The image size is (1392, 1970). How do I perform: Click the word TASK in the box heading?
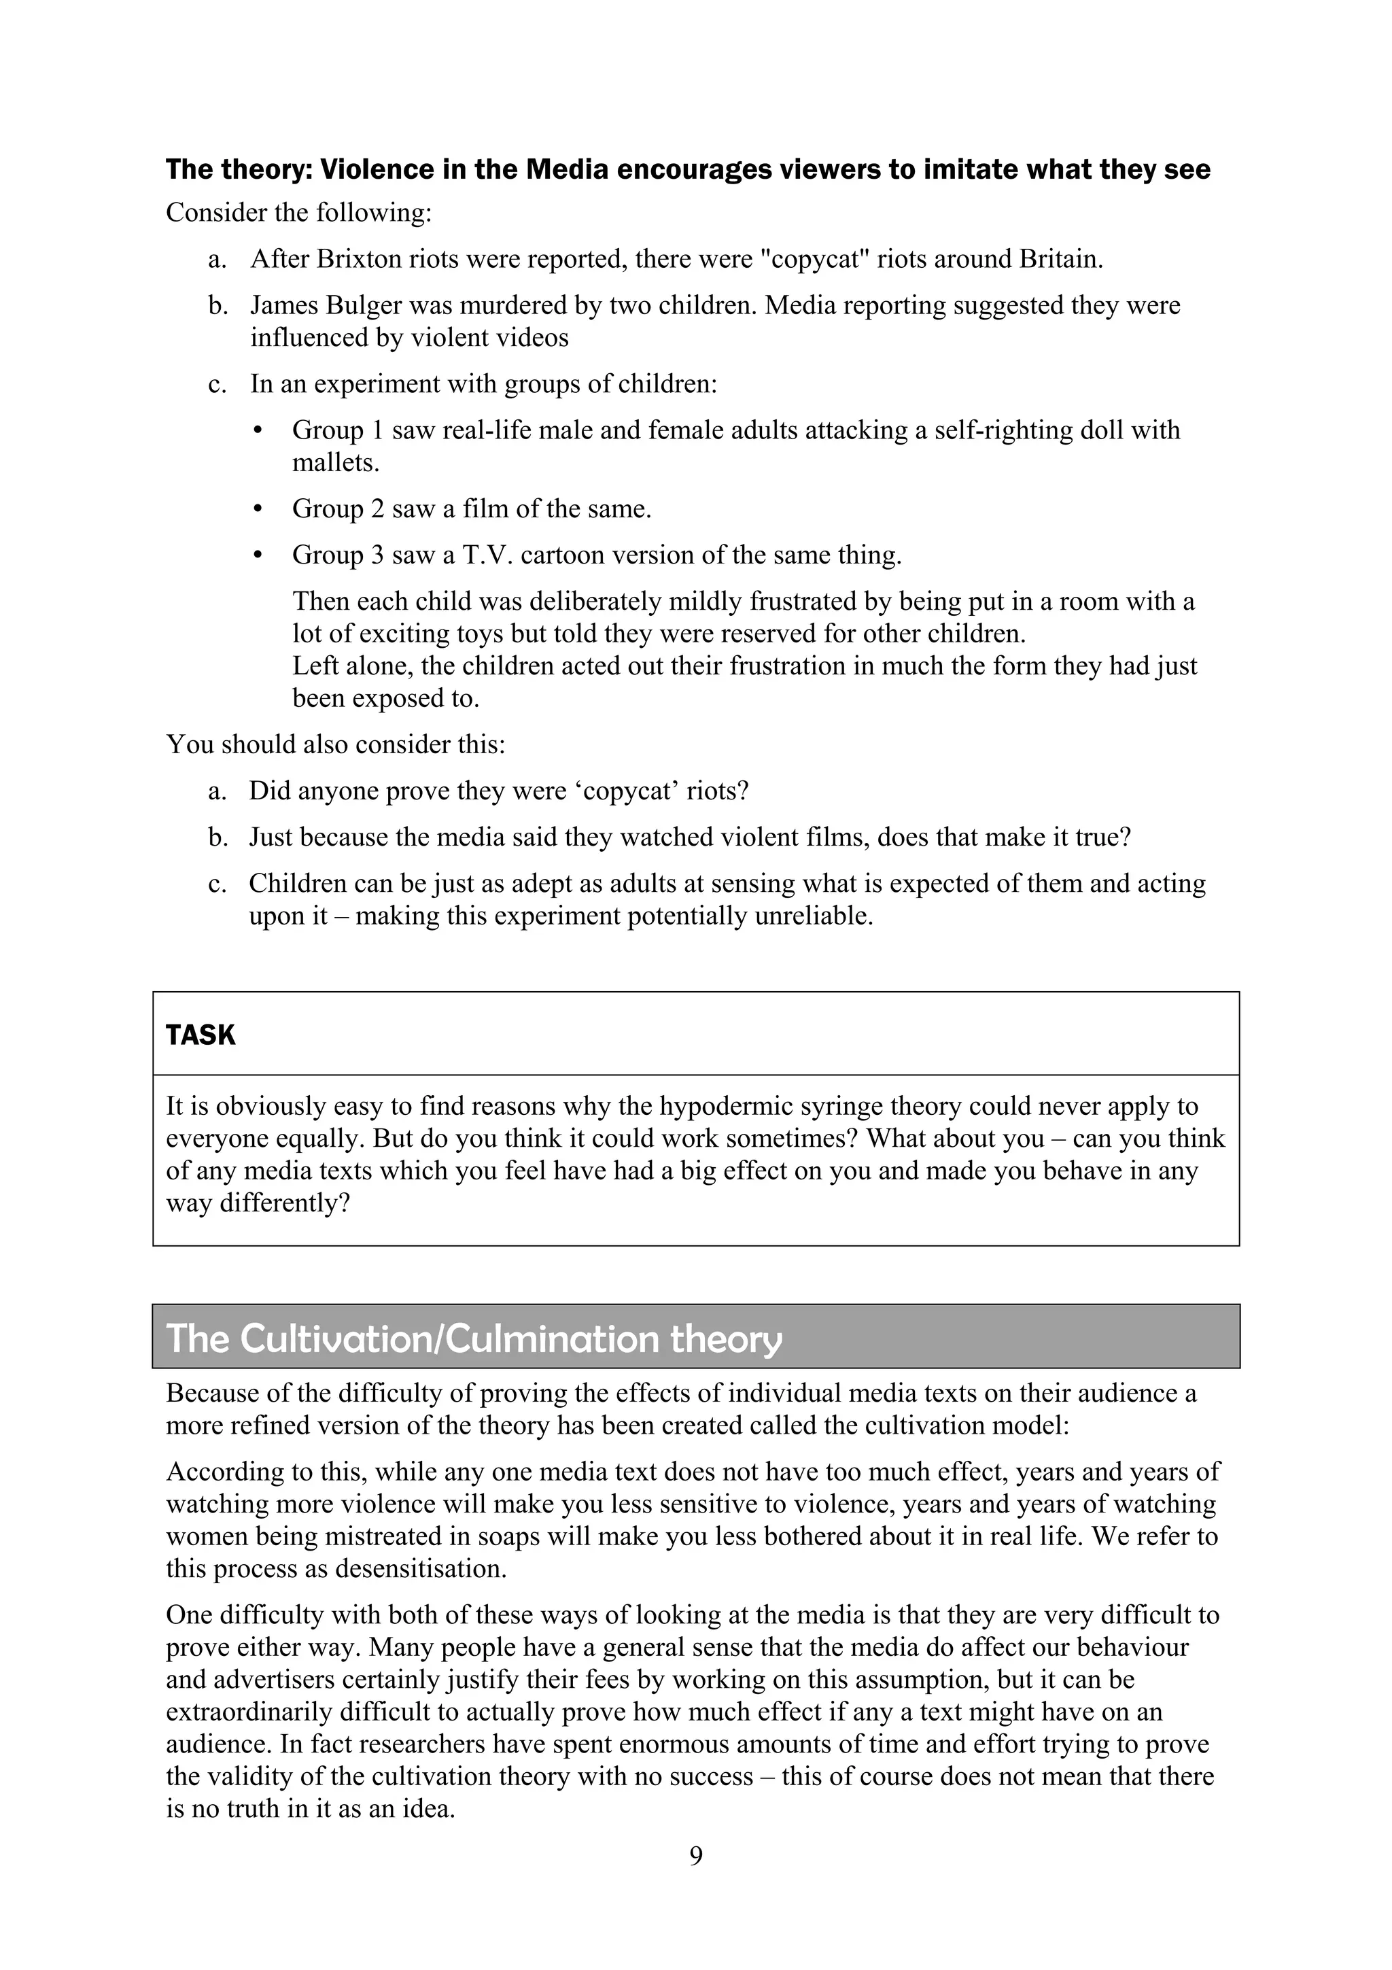(x=201, y=1035)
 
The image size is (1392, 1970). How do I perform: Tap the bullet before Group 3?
(x=258, y=556)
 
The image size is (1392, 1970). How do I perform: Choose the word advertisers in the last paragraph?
(x=272, y=1679)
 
